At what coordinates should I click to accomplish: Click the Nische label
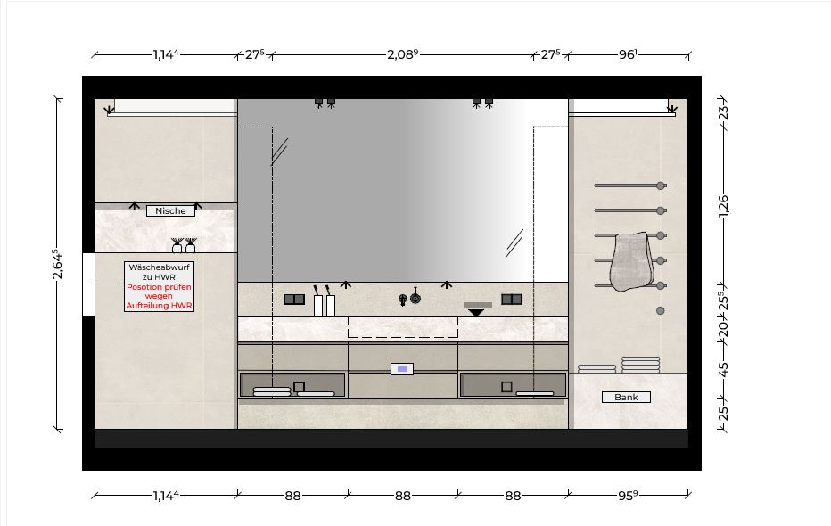[170, 210]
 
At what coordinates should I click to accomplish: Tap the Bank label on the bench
[626, 398]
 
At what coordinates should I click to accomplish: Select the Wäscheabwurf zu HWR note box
[159, 286]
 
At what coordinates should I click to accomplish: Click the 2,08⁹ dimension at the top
[403, 54]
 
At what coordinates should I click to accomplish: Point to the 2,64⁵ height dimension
[57, 264]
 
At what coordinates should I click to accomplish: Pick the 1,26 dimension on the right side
[723, 206]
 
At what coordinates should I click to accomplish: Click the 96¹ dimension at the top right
[628, 54]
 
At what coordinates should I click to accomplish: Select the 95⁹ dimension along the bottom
[628, 496]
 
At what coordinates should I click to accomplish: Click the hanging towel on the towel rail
[629, 261]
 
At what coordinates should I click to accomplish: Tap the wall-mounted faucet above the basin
[409, 297]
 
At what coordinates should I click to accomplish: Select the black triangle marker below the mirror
[476, 313]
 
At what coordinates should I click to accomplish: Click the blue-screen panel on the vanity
[402, 369]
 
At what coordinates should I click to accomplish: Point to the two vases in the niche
[184, 246]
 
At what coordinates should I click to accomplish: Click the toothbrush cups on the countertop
[325, 301]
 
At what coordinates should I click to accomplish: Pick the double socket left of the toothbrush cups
[294, 300]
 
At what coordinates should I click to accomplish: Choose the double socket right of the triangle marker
[512, 300]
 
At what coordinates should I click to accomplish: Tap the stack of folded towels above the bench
[641, 365]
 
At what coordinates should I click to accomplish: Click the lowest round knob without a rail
[661, 311]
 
